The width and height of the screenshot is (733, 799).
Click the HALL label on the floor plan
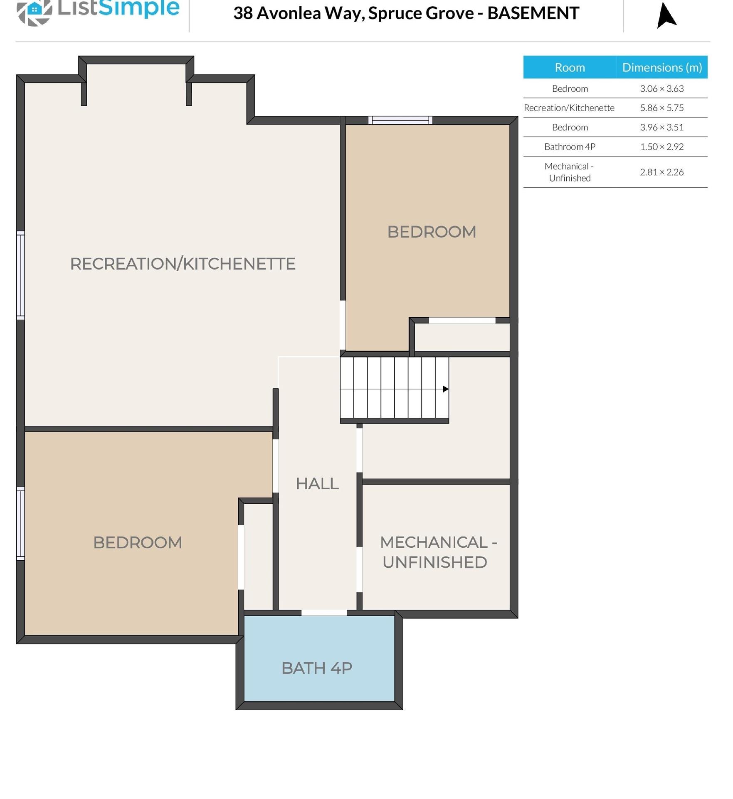click(x=317, y=483)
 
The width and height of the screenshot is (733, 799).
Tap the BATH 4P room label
click(x=317, y=668)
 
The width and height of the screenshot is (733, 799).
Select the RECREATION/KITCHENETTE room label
click(x=183, y=264)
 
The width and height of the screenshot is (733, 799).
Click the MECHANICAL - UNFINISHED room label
click(x=438, y=552)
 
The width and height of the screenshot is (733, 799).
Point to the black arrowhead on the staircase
click(x=445, y=389)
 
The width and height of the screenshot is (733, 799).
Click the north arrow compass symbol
click(x=666, y=15)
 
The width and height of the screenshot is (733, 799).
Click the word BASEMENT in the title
click(x=533, y=13)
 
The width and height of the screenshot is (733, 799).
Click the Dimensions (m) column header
click(x=662, y=67)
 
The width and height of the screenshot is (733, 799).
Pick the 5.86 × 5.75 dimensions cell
click(x=662, y=108)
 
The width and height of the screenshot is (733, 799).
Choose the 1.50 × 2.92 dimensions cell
click(x=662, y=147)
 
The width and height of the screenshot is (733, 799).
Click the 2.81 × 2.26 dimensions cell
click(x=662, y=172)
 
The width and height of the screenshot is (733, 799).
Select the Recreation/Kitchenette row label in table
click(x=569, y=108)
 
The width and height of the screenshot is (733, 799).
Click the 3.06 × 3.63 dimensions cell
click(x=662, y=88)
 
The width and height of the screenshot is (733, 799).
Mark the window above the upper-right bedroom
click(x=400, y=120)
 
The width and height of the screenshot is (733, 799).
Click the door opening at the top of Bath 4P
click(x=324, y=613)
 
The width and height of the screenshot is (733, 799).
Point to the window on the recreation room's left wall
click(x=20, y=275)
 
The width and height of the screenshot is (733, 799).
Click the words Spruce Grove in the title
click(x=421, y=13)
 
